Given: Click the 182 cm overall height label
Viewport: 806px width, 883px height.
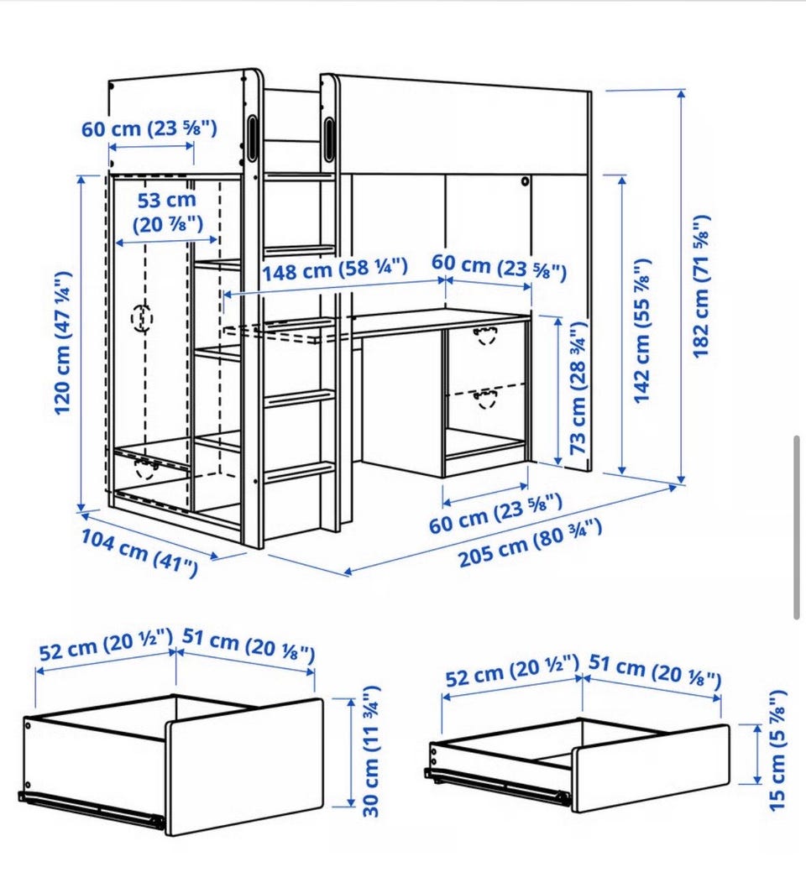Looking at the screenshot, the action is click(701, 286).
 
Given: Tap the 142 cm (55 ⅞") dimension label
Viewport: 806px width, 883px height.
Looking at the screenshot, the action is click(642, 331).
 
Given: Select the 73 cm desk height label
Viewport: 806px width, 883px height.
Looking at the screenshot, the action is click(578, 389).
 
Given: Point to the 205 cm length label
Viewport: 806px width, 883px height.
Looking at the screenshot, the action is click(530, 543).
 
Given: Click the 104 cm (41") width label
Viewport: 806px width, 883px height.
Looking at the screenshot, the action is click(139, 552).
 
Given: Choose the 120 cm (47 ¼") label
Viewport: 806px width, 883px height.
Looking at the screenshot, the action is click(62, 343).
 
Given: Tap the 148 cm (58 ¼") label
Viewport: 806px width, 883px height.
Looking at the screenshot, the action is click(334, 269).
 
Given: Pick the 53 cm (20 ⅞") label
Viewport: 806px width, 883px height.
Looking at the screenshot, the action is click(168, 212).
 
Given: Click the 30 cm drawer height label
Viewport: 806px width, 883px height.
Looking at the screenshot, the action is click(370, 751).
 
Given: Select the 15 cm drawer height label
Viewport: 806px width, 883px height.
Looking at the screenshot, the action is click(777, 750).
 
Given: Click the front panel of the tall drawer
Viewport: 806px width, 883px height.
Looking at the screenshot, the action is click(244, 768).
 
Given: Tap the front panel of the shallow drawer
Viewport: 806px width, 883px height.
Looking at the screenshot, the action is click(652, 769).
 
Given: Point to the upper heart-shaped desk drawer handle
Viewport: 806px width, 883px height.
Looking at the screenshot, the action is click(485, 335).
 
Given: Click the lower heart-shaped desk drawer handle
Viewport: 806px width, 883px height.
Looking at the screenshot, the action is click(485, 399).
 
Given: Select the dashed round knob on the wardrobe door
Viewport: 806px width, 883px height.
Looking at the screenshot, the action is click(142, 318).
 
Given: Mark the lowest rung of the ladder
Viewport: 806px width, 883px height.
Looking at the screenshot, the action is click(299, 473).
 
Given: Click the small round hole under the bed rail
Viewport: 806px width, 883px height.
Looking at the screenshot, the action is click(525, 182).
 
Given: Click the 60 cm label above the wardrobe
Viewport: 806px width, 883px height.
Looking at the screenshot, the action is click(149, 128).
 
